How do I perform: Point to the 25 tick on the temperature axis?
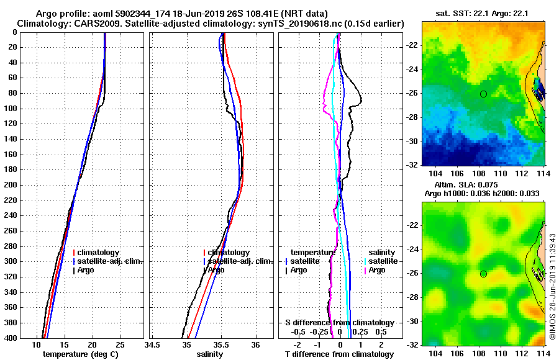pyautogui.click(x=120, y=345)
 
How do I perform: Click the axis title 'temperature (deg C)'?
pyautogui.click(x=80, y=354)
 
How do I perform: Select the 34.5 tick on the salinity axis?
pyautogui.click(x=152, y=345)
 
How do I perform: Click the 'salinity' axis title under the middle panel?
pyautogui.click(x=211, y=354)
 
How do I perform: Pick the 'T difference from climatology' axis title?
pyautogui.click(x=339, y=354)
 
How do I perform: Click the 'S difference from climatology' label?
pyautogui.click(x=339, y=323)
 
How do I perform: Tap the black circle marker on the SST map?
pyautogui.click(x=483, y=94)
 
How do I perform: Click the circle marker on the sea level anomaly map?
pyautogui.click(x=483, y=274)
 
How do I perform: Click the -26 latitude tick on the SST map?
pyautogui.click(x=412, y=94)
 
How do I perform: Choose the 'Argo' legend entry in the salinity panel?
pyautogui.click(x=217, y=270)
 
